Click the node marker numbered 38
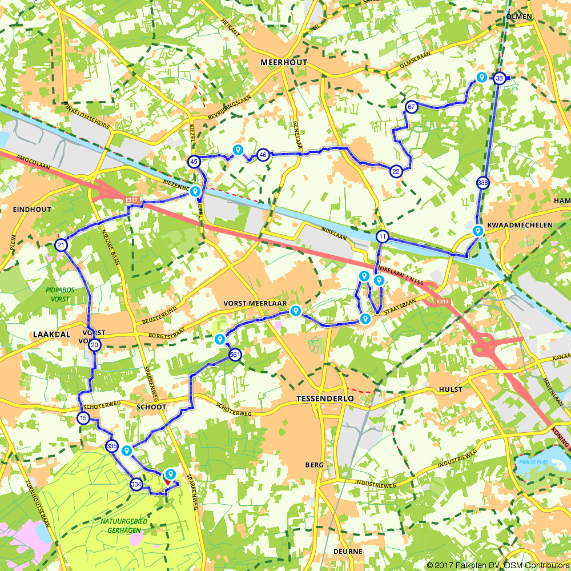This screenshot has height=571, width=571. click(x=500, y=78)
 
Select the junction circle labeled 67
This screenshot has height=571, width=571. click(x=411, y=107)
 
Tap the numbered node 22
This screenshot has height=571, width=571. click(x=396, y=171)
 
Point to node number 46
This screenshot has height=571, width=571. click(x=263, y=154)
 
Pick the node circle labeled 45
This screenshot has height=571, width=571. click(x=194, y=162)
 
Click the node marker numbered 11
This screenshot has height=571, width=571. click(x=382, y=236)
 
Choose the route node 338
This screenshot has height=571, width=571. click(x=482, y=183)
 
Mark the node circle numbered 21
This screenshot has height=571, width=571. click(x=61, y=246)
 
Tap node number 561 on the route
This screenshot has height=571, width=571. click(x=235, y=355)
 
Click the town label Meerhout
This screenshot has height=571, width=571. click(x=283, y=62)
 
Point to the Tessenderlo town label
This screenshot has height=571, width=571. click(x=325, y=398)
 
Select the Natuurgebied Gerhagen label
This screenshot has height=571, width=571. click(x=124, y=525)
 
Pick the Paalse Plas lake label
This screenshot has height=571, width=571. click(x=530, y=462)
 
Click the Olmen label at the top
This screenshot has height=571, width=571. click(x=519, y=17)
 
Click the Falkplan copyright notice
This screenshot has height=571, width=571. click(x=497, y=565)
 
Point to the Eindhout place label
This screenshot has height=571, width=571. click(x=31, y=210)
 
